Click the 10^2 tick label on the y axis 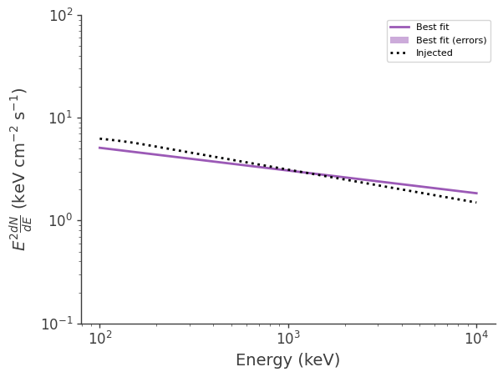pos(59,16)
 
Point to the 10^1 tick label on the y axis pos(59,118)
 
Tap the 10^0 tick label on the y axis pos(59,221)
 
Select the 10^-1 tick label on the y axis pos(57,324)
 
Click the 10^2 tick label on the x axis pos(100,338)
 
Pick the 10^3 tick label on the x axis pos(288,338)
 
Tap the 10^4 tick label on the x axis pos(476,338)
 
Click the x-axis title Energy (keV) pos(287,360)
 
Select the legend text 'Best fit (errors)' pos(451,40)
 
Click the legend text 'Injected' pos(434,53)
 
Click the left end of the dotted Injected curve pos(100,138)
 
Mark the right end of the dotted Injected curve pos(476,202)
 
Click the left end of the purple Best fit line pos(100,148)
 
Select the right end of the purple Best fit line pos(476,194)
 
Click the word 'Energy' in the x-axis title pos(262,360)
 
